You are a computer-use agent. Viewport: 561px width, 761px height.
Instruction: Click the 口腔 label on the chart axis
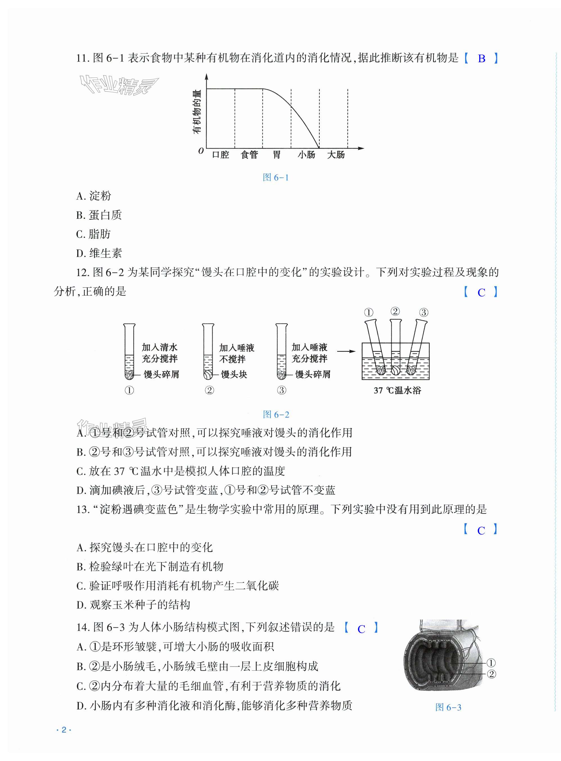tap(220, 155)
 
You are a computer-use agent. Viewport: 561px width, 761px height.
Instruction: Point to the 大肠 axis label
tap(335, 155)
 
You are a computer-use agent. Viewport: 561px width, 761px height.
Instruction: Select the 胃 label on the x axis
tap(277, 155)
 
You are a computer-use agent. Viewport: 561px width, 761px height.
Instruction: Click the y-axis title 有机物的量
tap(197, 112)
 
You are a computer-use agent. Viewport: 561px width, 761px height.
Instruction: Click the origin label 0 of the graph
tap(201, 151)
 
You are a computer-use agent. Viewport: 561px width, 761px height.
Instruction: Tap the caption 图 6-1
tap(276, 177)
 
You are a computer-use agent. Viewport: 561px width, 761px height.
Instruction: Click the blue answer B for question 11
tap(481, 59)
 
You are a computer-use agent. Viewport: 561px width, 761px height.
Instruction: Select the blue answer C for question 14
tap(361, 629)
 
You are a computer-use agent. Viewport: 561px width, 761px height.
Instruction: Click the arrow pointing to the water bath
tap(346, 352)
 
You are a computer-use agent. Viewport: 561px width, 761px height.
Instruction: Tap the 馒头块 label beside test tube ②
tap(234, 375)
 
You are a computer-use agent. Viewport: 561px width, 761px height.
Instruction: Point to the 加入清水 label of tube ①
tap(160, 347)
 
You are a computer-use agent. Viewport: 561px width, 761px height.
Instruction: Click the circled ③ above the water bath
tap(423, 312)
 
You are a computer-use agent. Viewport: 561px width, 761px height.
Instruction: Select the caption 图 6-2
tap(276, 415)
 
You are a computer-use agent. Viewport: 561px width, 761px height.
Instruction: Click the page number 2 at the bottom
tap(64, 730)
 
